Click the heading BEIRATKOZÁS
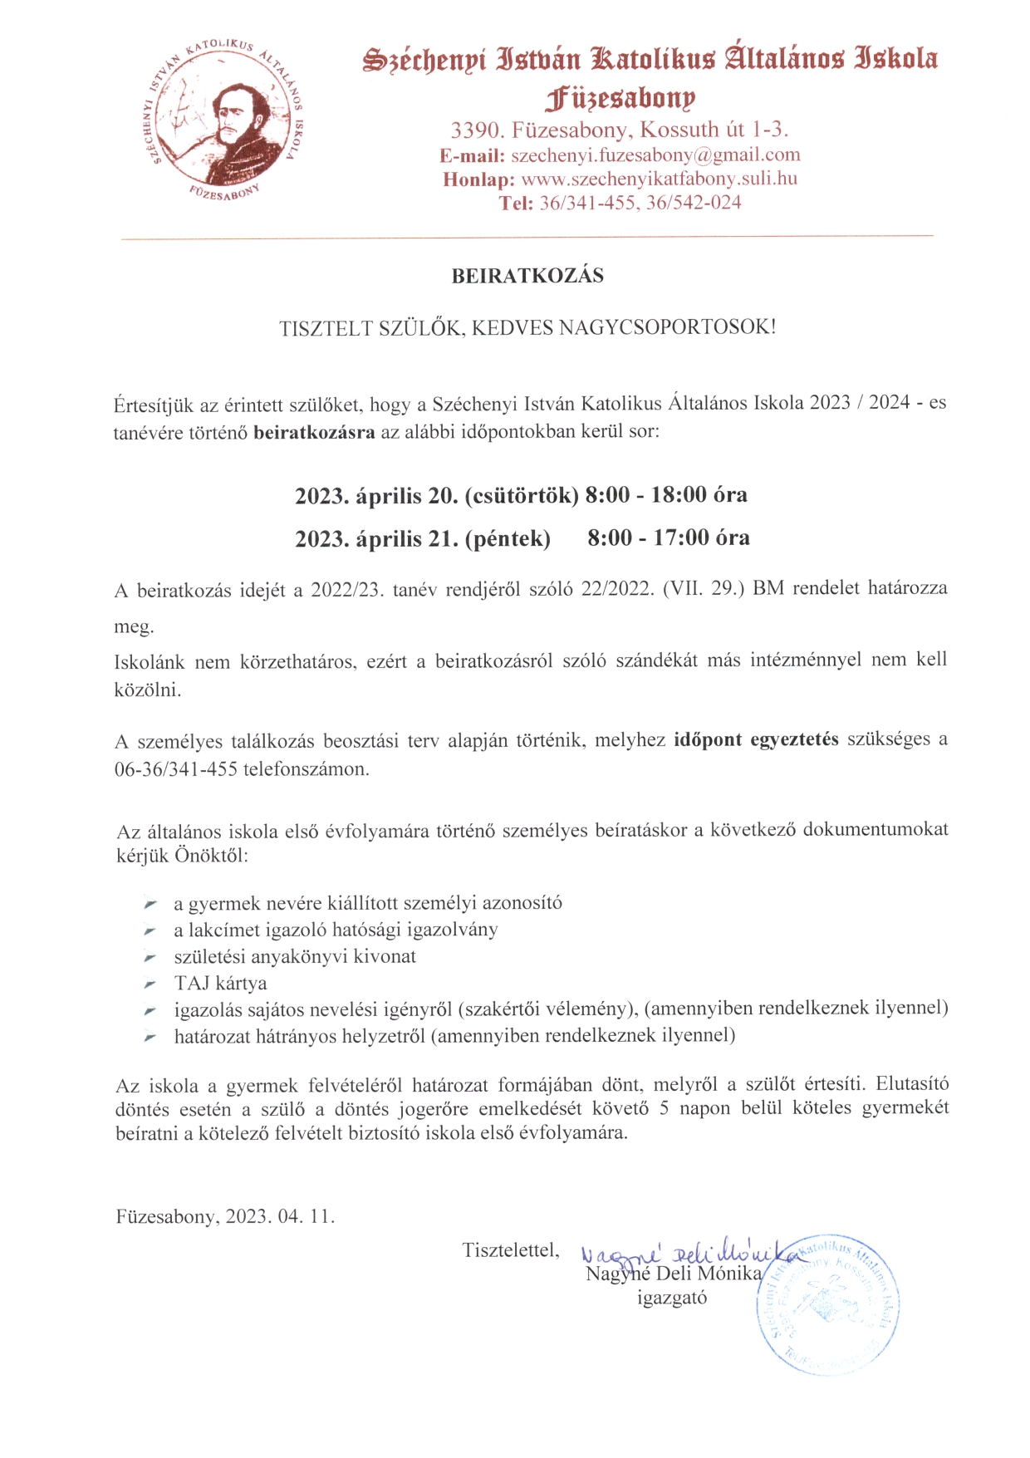click(x=527, y=276)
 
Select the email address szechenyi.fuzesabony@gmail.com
click(x=655, y=155)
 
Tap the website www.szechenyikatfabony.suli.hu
click(x=659, y=179)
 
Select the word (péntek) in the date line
click(x=507, y=539)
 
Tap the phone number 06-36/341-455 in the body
click(x=176, y=769)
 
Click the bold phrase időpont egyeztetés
click(x=756, y=739)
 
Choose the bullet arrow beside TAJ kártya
click(x=150, y=984)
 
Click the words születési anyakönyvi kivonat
click(x=295, y=956)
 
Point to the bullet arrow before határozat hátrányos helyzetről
click(x=150, y=1037)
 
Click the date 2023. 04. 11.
click(x=280, y=1217)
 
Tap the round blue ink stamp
click(x=829, y=1304)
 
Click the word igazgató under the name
click(x=672, y=1298)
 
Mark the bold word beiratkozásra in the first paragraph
click(x=314, y=432)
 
